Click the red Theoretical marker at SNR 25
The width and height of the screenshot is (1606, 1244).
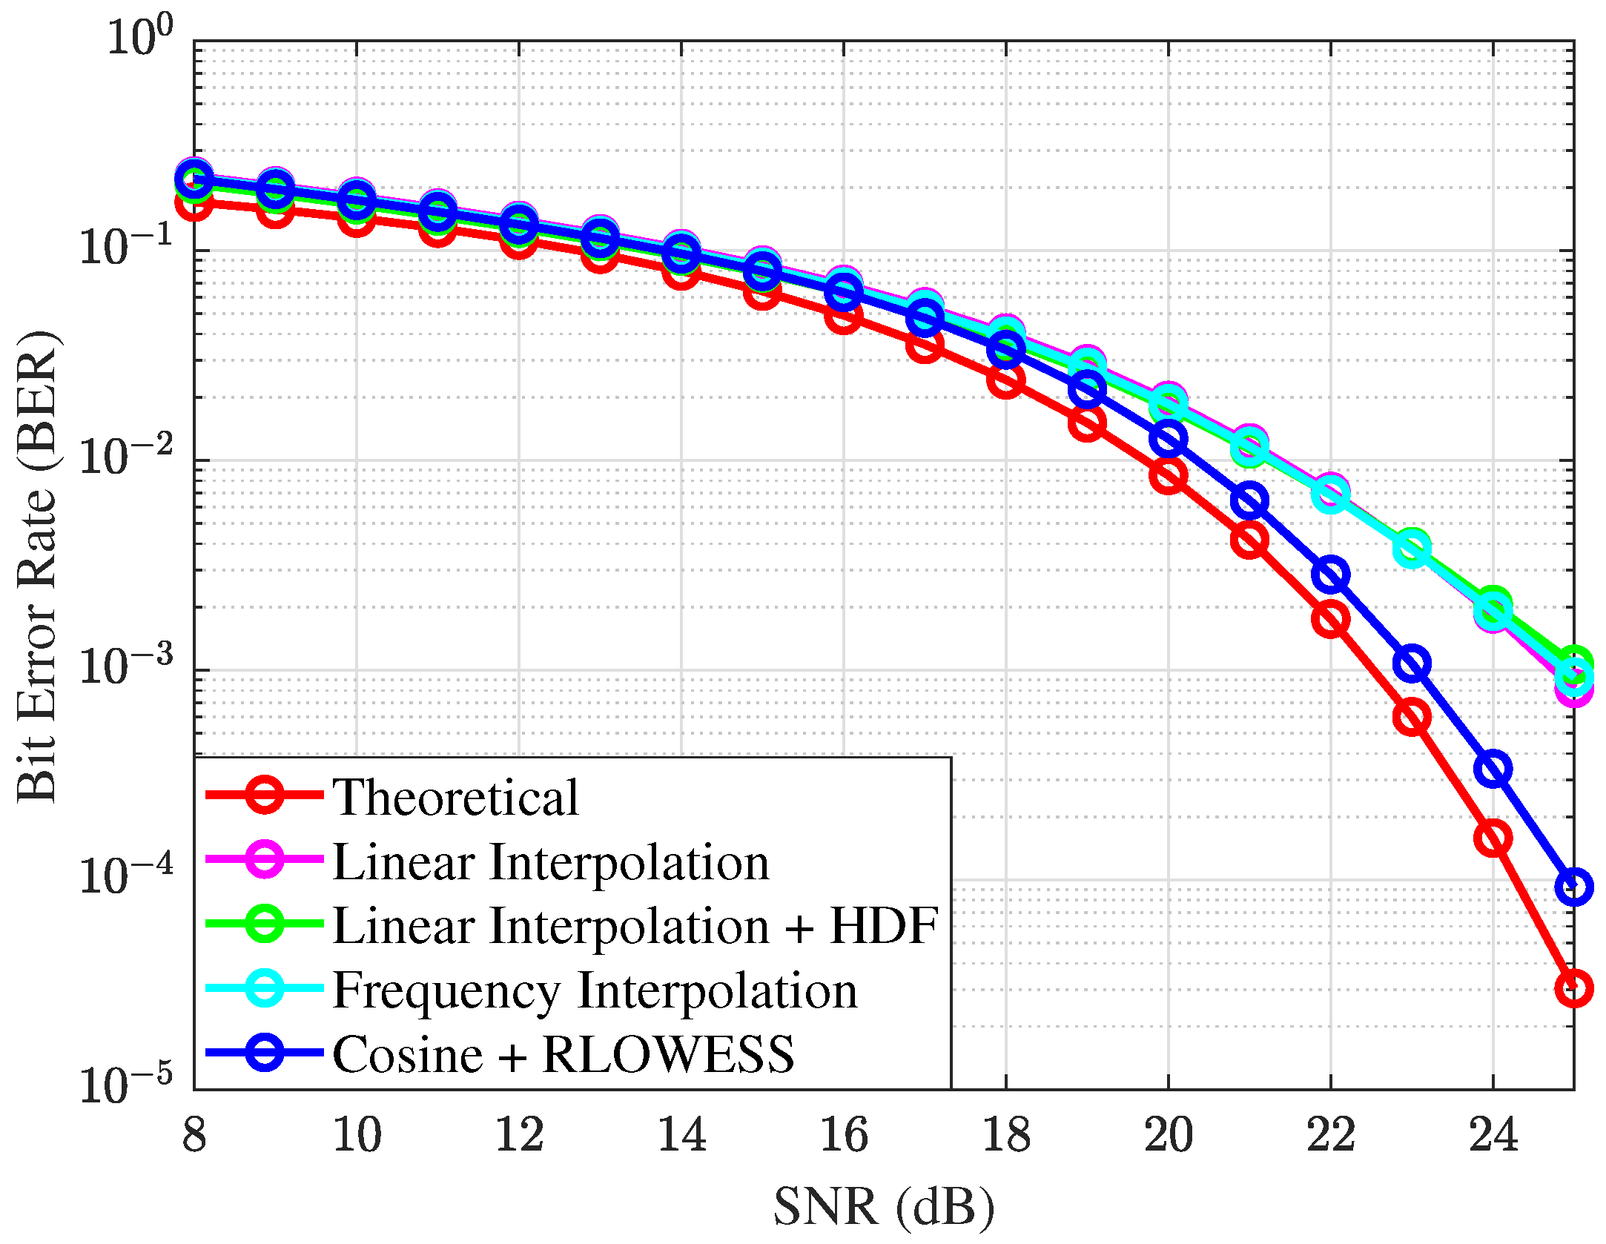click(x=1573, y=988)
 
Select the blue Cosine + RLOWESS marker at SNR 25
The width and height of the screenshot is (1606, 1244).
click(x=1573, y=887)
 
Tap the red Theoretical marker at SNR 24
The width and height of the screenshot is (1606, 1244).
click(x=1493, y=838)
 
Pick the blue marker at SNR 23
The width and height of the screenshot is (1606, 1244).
click(x=1412, y=664)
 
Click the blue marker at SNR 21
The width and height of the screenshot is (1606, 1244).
click(x=1249, y=500)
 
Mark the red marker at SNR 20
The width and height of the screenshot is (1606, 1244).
click(x=1169, y=474)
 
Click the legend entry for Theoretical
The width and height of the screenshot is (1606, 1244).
click(x=455, y=798)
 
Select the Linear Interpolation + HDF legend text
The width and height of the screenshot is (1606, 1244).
click(x=635, y=926)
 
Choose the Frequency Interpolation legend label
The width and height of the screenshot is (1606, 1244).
click(x=595, y=990)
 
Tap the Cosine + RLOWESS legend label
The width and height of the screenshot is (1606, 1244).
click(x=563, y=1054)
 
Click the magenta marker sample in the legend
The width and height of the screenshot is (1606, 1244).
click(x=264, y=860)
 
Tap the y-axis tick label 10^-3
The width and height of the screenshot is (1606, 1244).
click(x=125, y=665)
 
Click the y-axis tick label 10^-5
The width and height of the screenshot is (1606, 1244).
click(x=125, y=1085)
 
